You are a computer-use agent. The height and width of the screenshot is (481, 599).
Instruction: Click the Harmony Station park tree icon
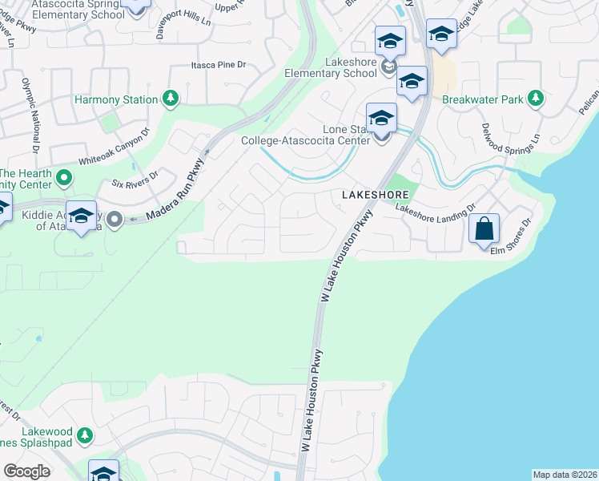[170, 99]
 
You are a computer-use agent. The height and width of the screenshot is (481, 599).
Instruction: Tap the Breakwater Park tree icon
[536, 99]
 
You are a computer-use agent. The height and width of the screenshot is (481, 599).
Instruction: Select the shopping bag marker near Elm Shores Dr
[484, 228]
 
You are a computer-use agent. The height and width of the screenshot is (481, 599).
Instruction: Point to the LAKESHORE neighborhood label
[376, 195]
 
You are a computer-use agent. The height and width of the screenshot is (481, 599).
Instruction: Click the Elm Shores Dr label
[513, 236]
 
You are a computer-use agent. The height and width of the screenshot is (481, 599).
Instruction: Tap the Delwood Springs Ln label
[500, 139]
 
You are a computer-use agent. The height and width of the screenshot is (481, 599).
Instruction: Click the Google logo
[26, 471]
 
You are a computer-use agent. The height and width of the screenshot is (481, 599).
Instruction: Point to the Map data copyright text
[565, 475]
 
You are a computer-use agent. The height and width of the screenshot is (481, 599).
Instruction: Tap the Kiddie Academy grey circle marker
[114, 218]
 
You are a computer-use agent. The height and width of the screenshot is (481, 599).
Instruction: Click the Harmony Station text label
[115, 100]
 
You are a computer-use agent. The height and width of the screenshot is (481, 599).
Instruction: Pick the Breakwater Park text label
[482, 100]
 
